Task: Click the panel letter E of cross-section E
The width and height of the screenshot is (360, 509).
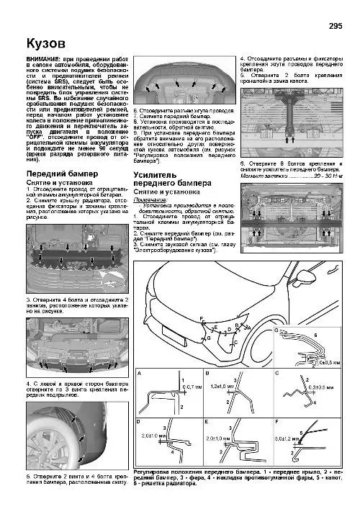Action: [x=207, y=420]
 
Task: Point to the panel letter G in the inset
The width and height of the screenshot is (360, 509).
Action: [x=277, y=329]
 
